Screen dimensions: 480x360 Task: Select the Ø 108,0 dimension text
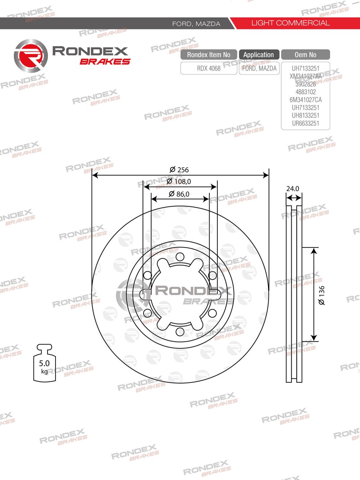coord(179,182)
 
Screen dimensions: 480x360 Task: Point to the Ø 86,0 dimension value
coord(179,194)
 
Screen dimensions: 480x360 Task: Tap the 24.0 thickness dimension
coord(293,189)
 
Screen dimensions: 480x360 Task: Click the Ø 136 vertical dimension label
coord(321,295)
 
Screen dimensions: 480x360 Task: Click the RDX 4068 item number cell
coord(209,68)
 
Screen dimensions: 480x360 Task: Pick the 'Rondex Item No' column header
coord(209,55)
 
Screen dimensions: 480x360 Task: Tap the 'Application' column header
coord(258,55)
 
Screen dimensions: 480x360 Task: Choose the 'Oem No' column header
coord(305,55)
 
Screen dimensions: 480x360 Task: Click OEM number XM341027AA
coord(306,76)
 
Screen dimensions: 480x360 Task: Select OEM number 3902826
coord(306,84)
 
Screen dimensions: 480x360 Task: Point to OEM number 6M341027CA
coord(306,100)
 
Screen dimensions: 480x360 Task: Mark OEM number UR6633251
coord(306,123)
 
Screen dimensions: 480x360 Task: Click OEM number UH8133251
coord(306,115)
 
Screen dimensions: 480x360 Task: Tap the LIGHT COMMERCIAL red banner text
coord(290,23)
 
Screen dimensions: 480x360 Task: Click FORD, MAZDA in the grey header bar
coord(196,24)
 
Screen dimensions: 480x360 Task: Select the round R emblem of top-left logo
coord(31,56)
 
